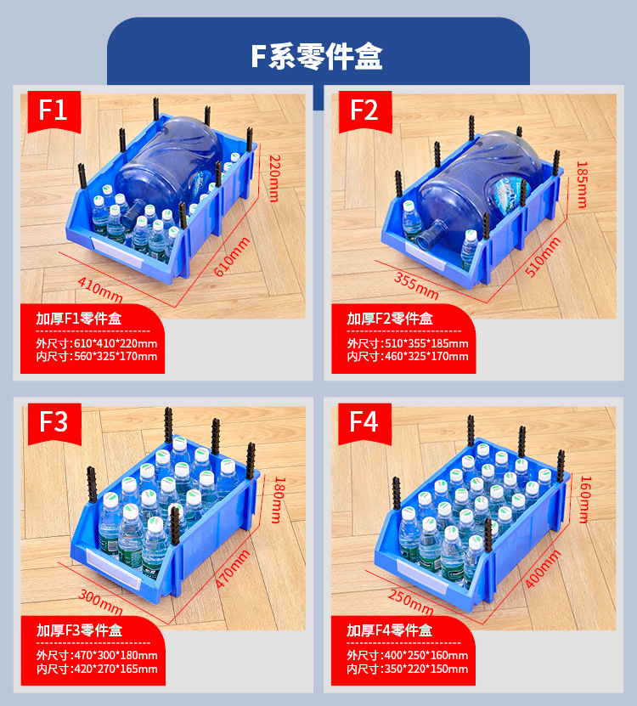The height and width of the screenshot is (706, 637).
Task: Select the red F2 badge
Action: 364,110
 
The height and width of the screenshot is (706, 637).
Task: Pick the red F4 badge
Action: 364,421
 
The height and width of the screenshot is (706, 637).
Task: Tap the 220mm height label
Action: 274,178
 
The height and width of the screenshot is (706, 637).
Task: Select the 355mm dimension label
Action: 416,285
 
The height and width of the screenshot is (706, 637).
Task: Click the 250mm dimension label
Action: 411,600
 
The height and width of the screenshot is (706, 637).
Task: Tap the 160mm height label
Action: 584,499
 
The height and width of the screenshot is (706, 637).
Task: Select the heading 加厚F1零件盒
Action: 79,319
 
